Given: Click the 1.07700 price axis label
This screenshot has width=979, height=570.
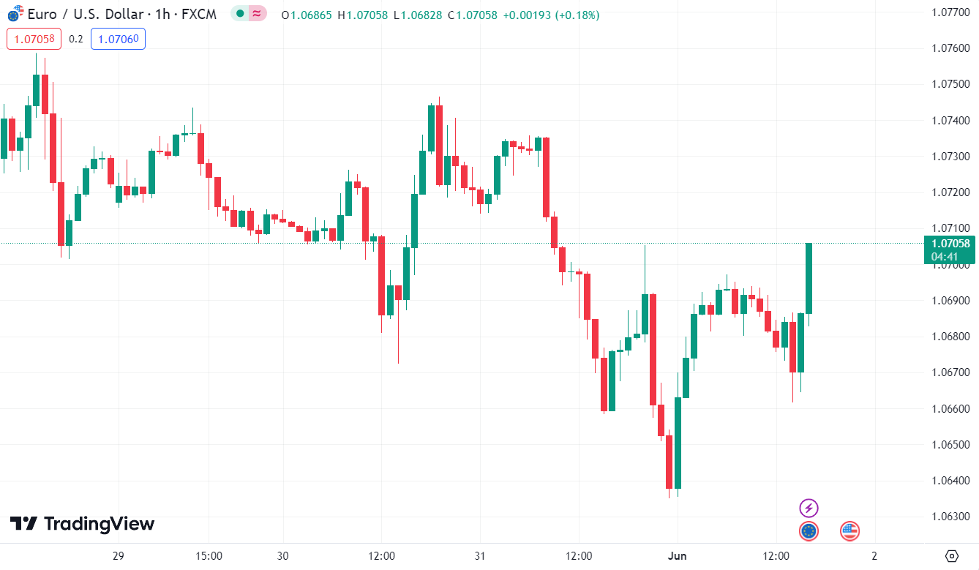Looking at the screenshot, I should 950,12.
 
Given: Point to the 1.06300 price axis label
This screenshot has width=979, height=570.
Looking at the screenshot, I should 950,517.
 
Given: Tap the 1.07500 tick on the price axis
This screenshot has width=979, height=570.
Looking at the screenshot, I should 950,84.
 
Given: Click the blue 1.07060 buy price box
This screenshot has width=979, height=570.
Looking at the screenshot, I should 118,39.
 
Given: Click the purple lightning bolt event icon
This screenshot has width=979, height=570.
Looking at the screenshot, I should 808,508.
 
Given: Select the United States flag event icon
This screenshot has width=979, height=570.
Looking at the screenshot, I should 849,531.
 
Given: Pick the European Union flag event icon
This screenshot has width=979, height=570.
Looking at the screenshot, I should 808,531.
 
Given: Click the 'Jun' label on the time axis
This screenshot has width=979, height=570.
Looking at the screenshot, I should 678,556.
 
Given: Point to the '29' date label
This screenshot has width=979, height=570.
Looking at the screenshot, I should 119,556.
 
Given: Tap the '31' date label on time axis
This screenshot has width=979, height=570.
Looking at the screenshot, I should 479,556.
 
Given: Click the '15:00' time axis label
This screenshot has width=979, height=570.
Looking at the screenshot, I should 209,556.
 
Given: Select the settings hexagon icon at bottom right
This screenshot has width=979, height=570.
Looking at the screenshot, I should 951,556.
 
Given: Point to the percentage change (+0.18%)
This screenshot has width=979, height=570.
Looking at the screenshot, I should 575,15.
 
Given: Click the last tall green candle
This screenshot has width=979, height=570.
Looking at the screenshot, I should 809,278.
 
